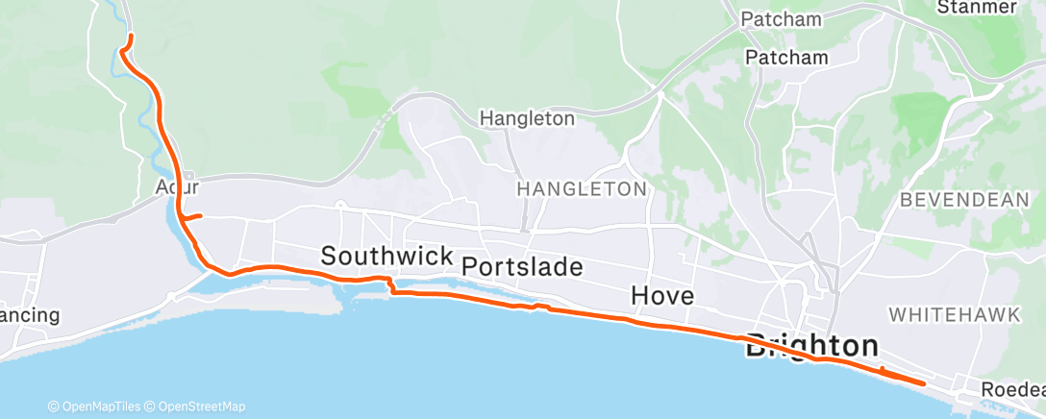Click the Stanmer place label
[977, 8]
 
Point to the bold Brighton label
[812, 346]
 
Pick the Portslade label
[522, 266]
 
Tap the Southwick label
[386, 257]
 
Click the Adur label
[177, 187]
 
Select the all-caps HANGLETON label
[581, 189]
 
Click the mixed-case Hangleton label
[527, 119]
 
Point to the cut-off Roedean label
[1013, 390]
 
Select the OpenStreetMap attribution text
[201, 407]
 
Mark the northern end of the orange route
[128, 37]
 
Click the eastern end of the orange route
[924, 383]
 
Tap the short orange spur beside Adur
[192, 216]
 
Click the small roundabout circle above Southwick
[340, 204]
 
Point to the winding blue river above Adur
[144, 106]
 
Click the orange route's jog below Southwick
[390, 285]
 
